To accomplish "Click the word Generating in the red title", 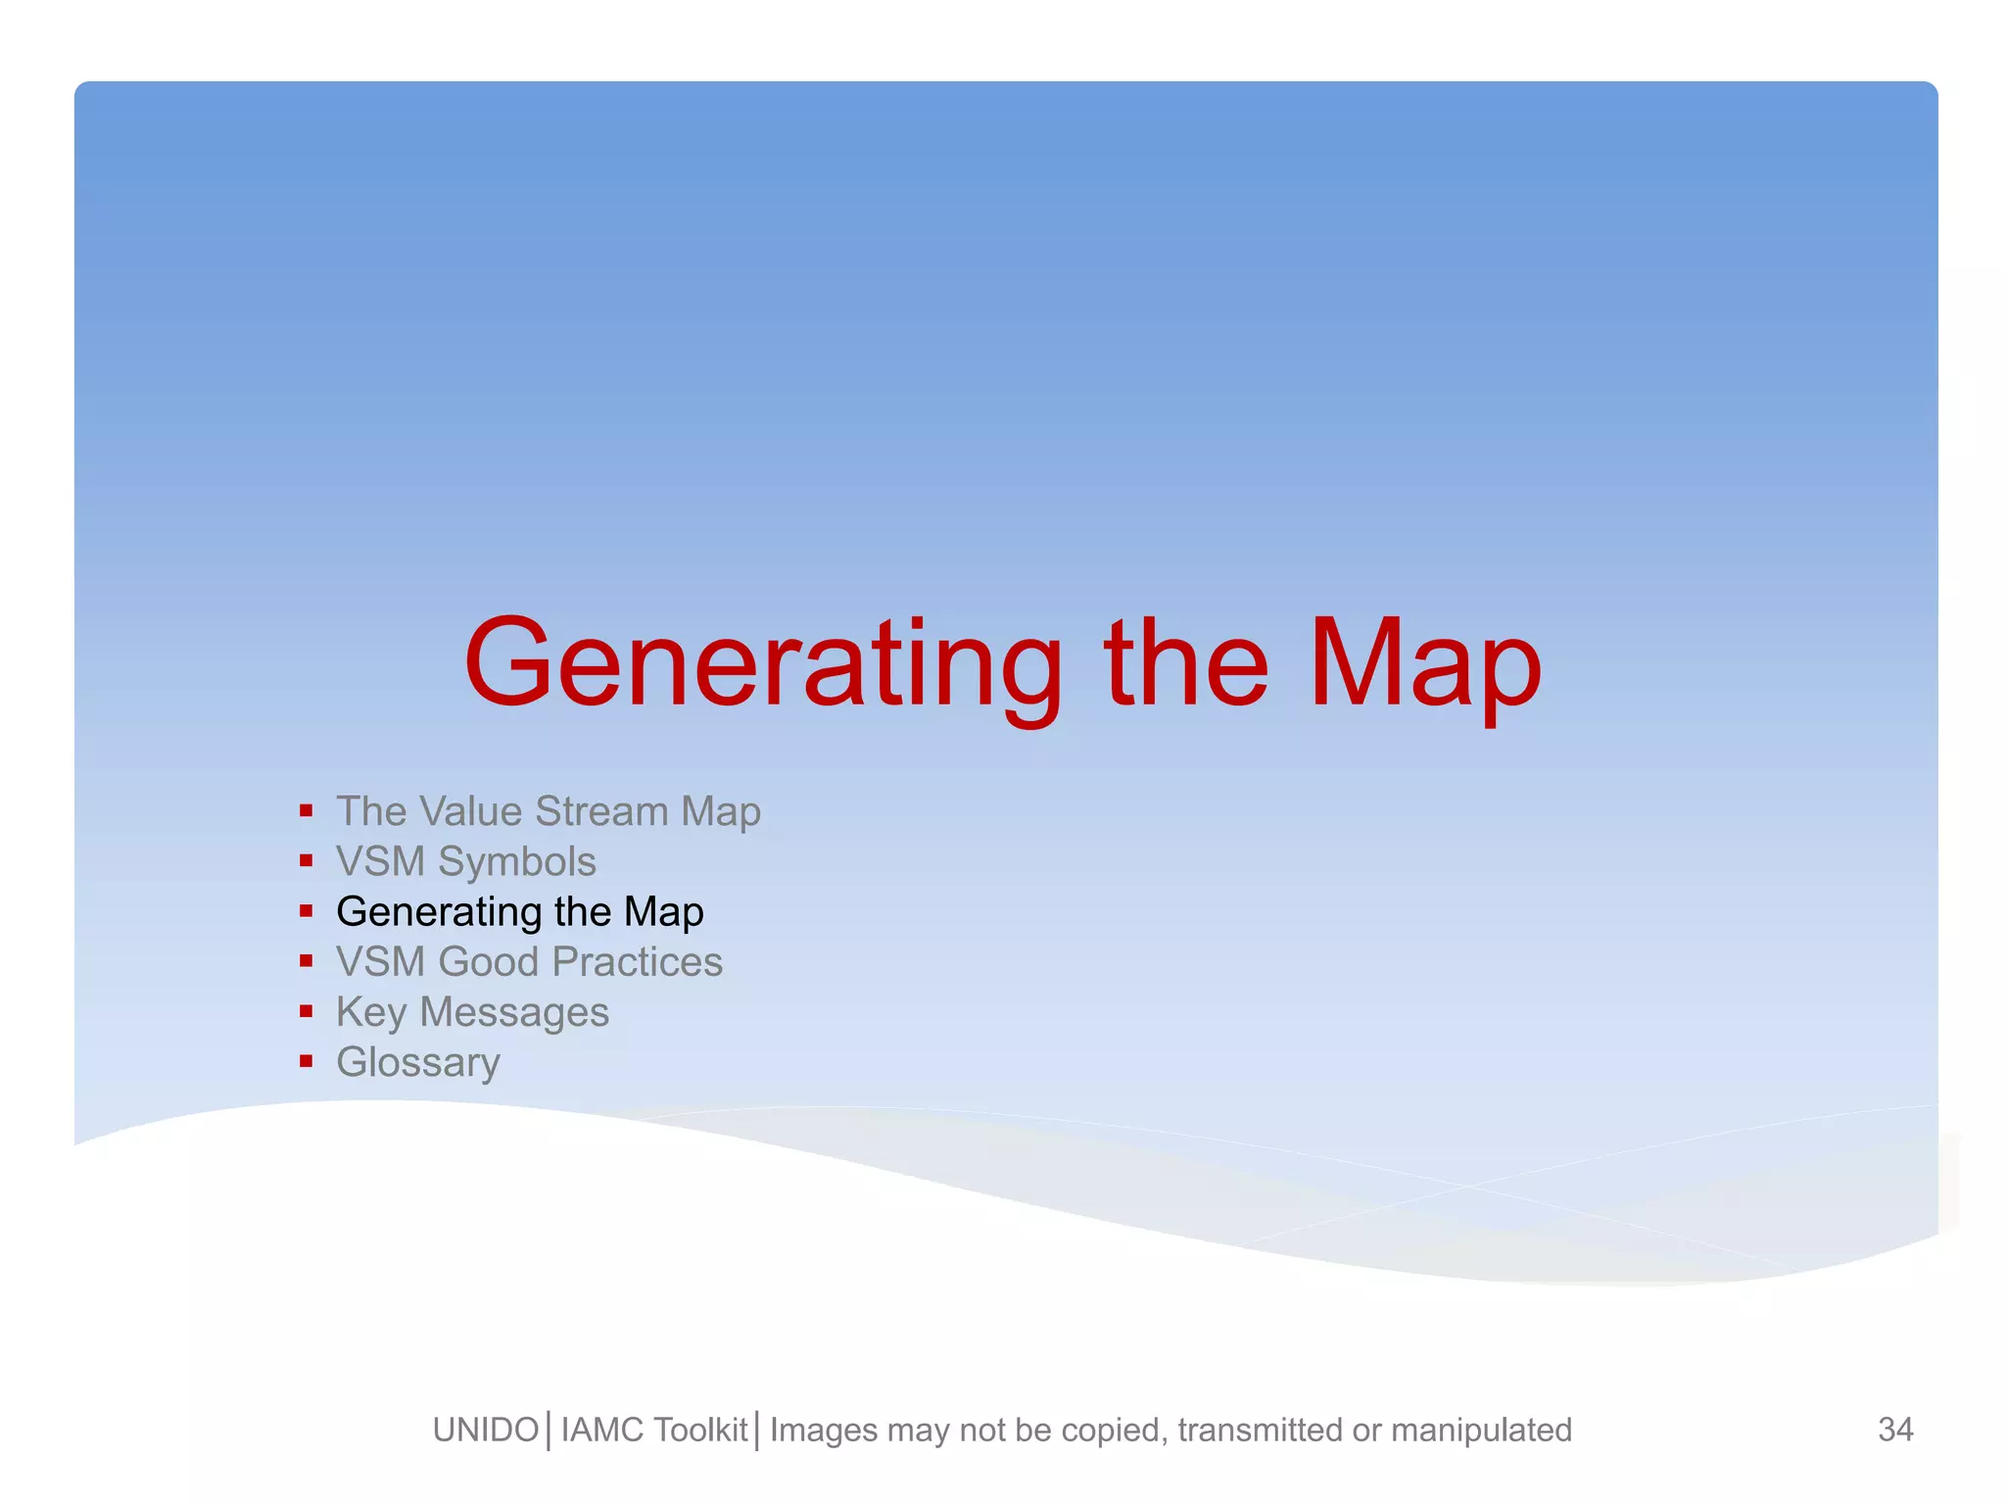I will [762, 666].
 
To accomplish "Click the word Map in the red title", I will [1424, 666].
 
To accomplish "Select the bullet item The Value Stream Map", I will [548, 812].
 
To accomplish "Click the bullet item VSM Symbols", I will [465, 862].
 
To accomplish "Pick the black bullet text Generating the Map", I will [519, 912].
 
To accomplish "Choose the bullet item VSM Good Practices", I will [529, 962].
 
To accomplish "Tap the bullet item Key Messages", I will [472, 1012].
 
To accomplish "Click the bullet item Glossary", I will [418, 1062].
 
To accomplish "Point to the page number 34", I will [1895, 1430].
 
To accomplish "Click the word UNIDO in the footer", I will [486, 1431].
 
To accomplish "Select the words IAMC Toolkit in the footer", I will [654, 1431].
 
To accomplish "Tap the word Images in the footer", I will [823, 1431].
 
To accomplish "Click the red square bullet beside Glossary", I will [307, 1061].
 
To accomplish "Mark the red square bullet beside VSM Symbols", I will [307, 861].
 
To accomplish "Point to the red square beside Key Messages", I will [307, 1011].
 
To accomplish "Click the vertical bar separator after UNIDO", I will [549, 1431].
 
